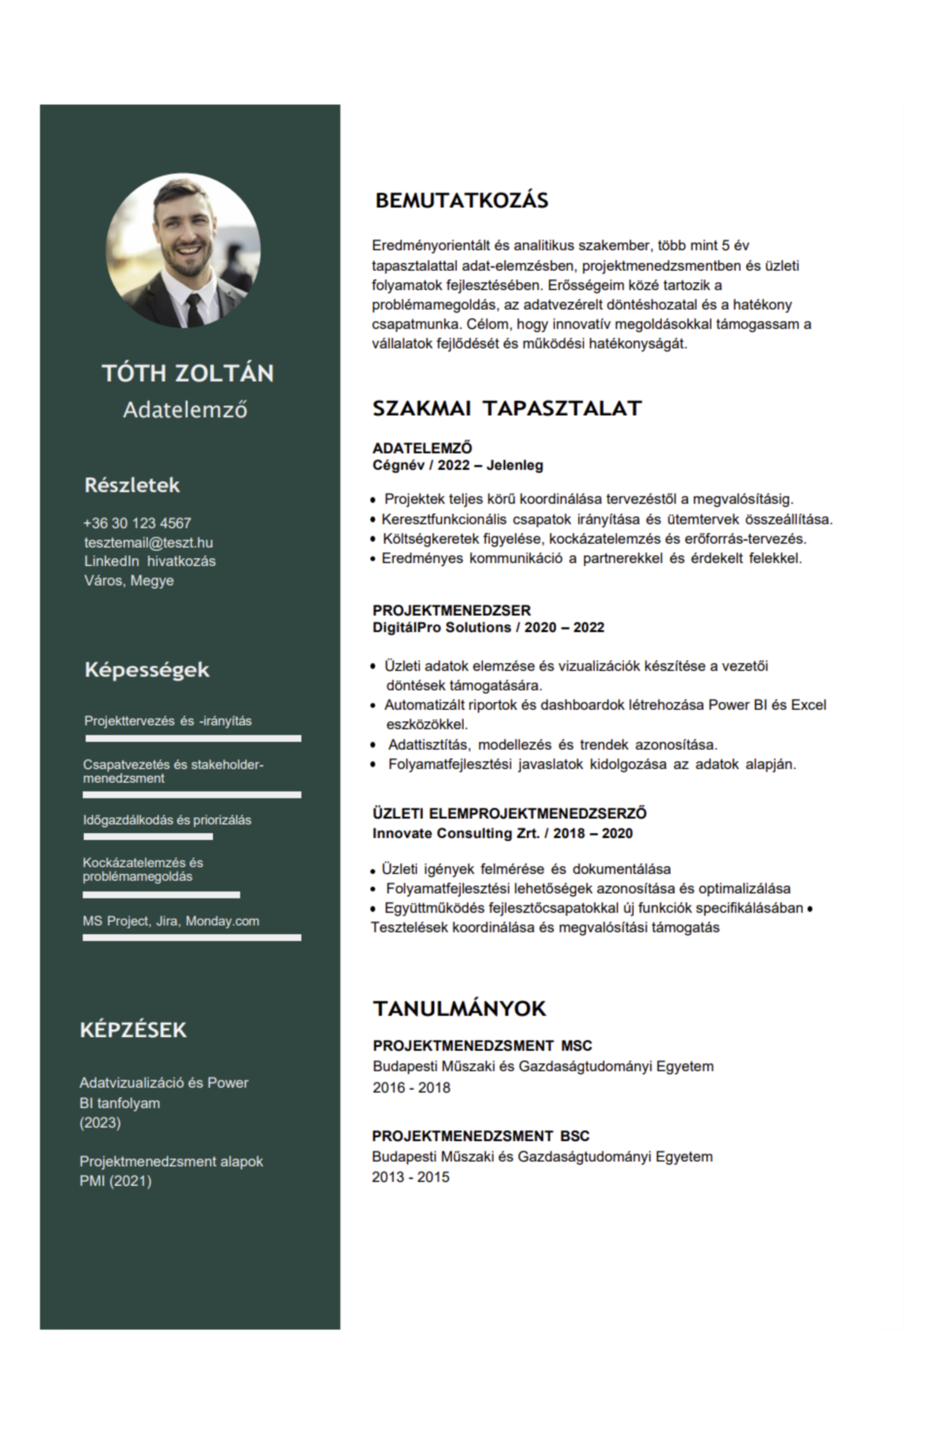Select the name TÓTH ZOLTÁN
point(188,373)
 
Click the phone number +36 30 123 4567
point(137,523)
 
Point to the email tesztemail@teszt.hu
point(148,543)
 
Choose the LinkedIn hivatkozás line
point(150,561)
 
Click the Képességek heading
point(147,669)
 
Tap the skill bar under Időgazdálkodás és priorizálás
point(148,837)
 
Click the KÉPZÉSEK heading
point(133,1030)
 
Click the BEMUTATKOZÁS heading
point(462,200)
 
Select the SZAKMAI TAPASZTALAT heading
point(507,408)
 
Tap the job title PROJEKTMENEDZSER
point(451,610)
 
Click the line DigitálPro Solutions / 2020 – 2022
point(488,627)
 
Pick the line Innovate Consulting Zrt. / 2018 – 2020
point(502,833)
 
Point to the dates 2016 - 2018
point(411,1087)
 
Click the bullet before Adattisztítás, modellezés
point(373,745)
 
